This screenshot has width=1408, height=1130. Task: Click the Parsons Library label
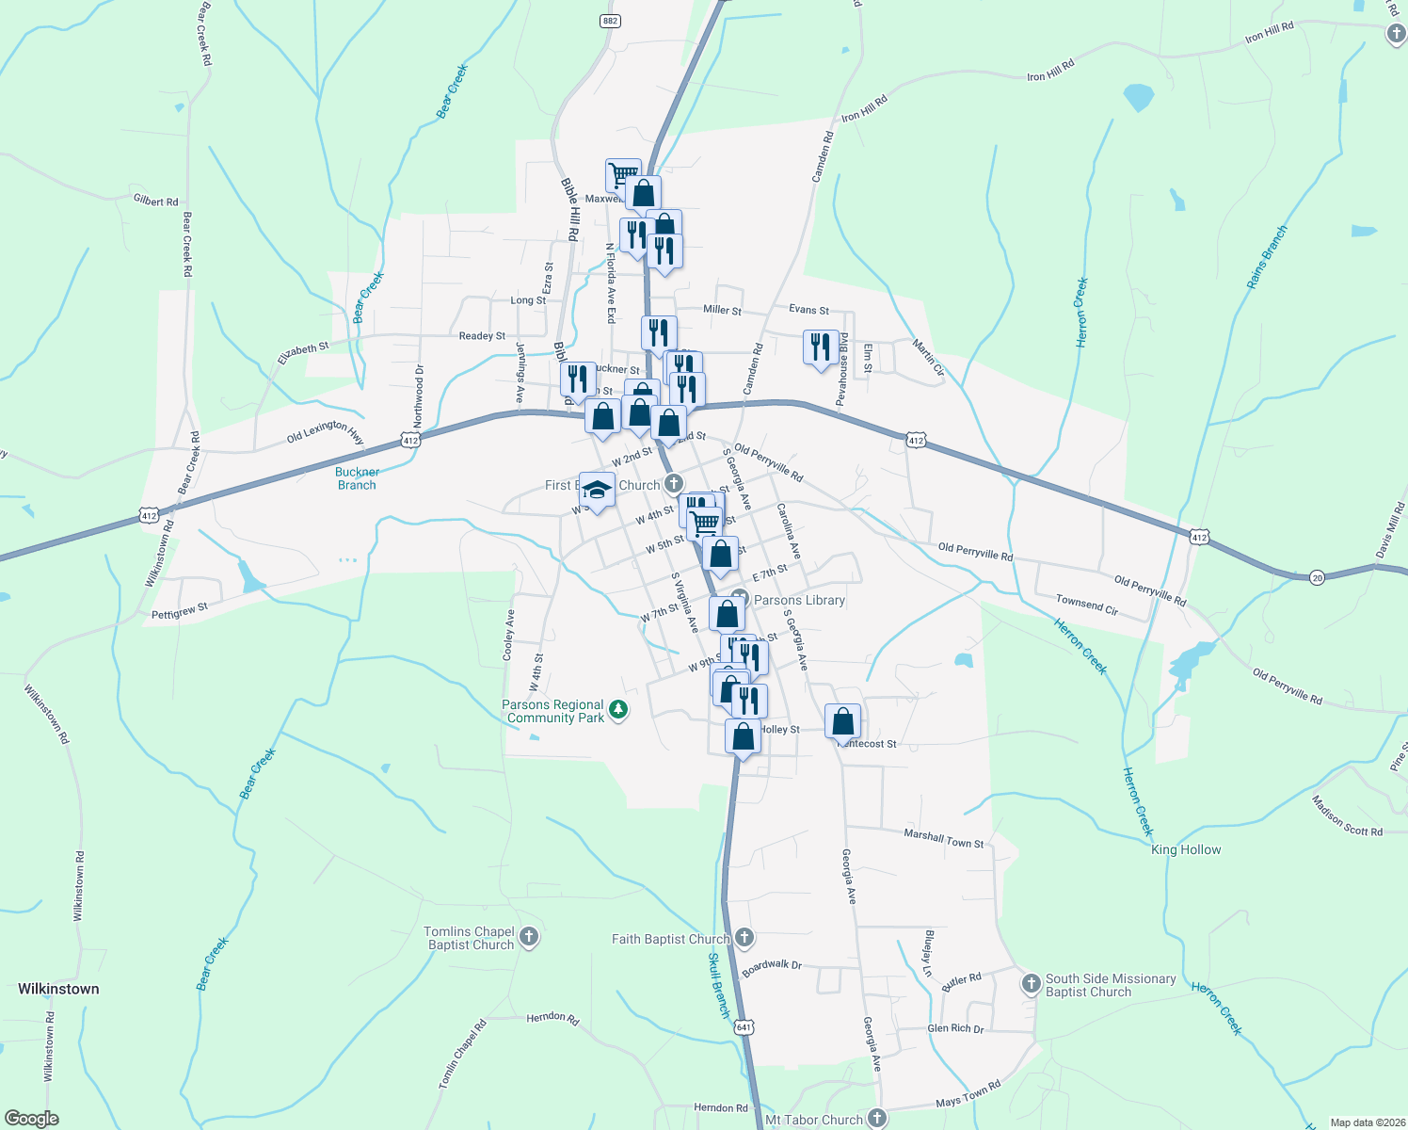point(799,600)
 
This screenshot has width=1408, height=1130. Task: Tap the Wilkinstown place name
point(58,989)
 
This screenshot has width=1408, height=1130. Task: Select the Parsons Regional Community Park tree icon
point(618,710)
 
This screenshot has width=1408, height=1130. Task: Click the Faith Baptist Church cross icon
point(744,938)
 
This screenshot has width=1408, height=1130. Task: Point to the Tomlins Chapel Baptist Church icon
point(529,937)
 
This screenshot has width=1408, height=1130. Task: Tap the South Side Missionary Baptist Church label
point(1111,985)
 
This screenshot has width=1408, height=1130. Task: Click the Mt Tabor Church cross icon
point(877,1119)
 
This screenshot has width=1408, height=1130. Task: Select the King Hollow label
point(1186,849)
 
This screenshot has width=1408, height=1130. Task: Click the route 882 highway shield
point(610,21)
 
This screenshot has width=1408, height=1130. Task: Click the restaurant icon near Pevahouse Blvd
point(821,346)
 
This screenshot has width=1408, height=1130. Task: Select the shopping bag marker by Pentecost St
point(843,721)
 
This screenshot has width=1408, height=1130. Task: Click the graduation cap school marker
point(596,489)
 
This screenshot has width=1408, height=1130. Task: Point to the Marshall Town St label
point(943,838)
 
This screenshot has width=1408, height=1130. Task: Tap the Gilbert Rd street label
point(155,201)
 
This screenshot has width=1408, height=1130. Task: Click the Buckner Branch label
point(357,478)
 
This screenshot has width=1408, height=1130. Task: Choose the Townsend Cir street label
point(1086,605)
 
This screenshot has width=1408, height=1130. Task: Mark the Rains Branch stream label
point(1267,256)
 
